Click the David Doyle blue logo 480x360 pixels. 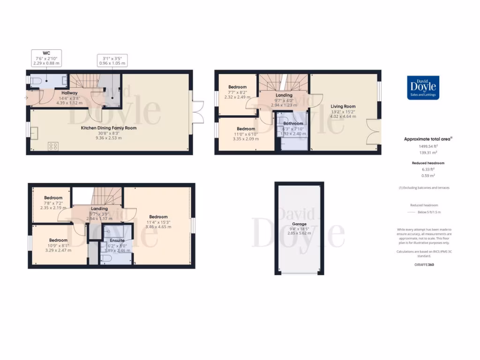coord(423,88)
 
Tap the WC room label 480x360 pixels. coord(46,53)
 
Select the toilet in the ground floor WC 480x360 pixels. coord(37,81)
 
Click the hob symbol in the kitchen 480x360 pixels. coord(53,146)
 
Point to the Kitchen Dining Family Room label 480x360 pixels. coord(109,127)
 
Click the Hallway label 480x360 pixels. coord(69,93)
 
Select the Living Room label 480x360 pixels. coord(343,106)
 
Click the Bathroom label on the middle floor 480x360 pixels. coord(293,123)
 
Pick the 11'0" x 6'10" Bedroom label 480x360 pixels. coord(246,129)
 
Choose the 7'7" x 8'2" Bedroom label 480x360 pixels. coord(238,87)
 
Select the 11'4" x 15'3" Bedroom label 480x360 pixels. coord(158,217)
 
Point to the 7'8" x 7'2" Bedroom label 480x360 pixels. coord(53,197)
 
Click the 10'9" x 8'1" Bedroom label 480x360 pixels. coord(59,240)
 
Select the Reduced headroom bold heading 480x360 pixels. coord(427,163)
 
